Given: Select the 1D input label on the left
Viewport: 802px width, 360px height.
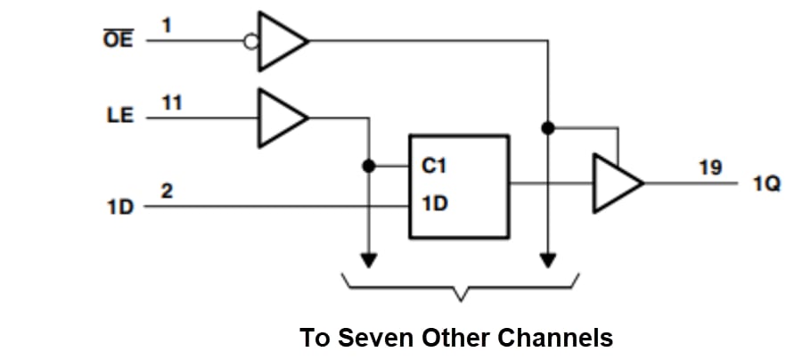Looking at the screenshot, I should tap(119, 207).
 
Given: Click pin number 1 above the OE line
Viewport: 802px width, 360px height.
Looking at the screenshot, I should tap(167, 26).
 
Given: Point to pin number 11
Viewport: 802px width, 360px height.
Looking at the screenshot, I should tap(171, 102).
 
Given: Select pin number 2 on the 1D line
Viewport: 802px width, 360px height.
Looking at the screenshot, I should tap(167, 191).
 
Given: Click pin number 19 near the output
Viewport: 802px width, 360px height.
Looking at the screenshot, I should tap(710, 168).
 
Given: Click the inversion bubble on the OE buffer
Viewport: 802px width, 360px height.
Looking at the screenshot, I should tap(252, 41).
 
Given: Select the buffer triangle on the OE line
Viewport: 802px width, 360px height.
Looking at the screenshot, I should tap(280, 41).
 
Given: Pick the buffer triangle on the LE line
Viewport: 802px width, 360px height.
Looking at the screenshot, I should tap(280, 117).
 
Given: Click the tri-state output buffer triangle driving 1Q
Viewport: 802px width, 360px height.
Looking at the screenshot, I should tap(616, 184).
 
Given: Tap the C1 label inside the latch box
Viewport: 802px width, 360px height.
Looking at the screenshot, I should tap(434, 166).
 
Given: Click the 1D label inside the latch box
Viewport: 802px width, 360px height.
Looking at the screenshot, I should tap(434, 204).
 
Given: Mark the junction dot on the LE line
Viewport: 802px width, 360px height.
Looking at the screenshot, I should tap(368, 166).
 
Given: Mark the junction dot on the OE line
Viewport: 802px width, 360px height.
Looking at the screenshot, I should tap(548, 128).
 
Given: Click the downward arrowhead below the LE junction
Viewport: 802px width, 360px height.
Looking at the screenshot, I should tap(368, 260).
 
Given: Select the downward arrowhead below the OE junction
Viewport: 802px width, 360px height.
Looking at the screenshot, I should tap(548, 260).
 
